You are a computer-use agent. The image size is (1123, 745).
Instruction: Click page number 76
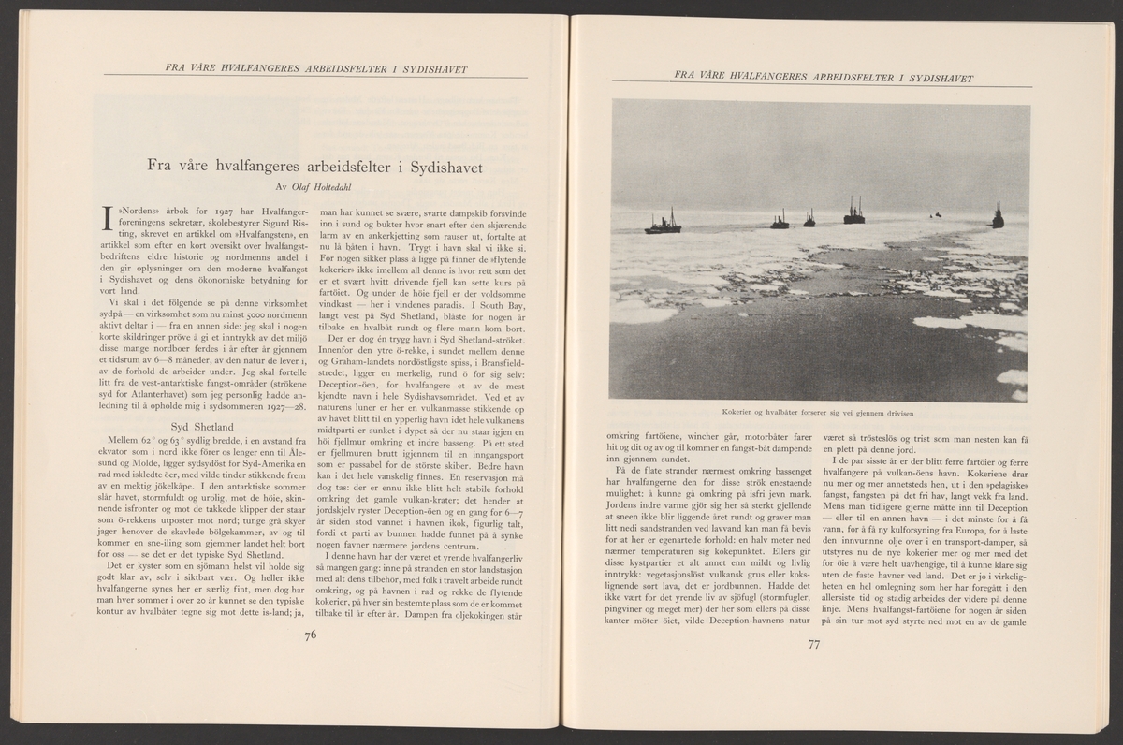[311, 636]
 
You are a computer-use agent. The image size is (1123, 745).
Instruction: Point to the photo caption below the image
[819, 413]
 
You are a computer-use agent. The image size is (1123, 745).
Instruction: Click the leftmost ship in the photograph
[664, 224]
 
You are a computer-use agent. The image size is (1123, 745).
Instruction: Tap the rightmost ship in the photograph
[998, 216]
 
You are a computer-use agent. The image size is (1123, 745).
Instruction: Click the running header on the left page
[315, 68]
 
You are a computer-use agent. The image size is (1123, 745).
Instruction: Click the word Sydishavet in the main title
[440, 168]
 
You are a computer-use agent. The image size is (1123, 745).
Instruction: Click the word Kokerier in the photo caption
[738, 413]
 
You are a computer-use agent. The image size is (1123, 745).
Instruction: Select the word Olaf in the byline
[300, 187]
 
